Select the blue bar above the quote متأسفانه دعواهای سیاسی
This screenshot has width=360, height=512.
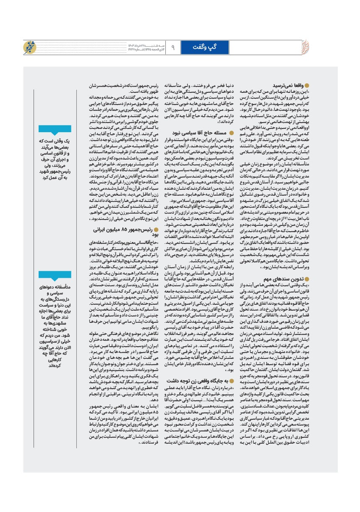coord(54,274)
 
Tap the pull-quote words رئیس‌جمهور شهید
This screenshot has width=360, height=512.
coord(55,171)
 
